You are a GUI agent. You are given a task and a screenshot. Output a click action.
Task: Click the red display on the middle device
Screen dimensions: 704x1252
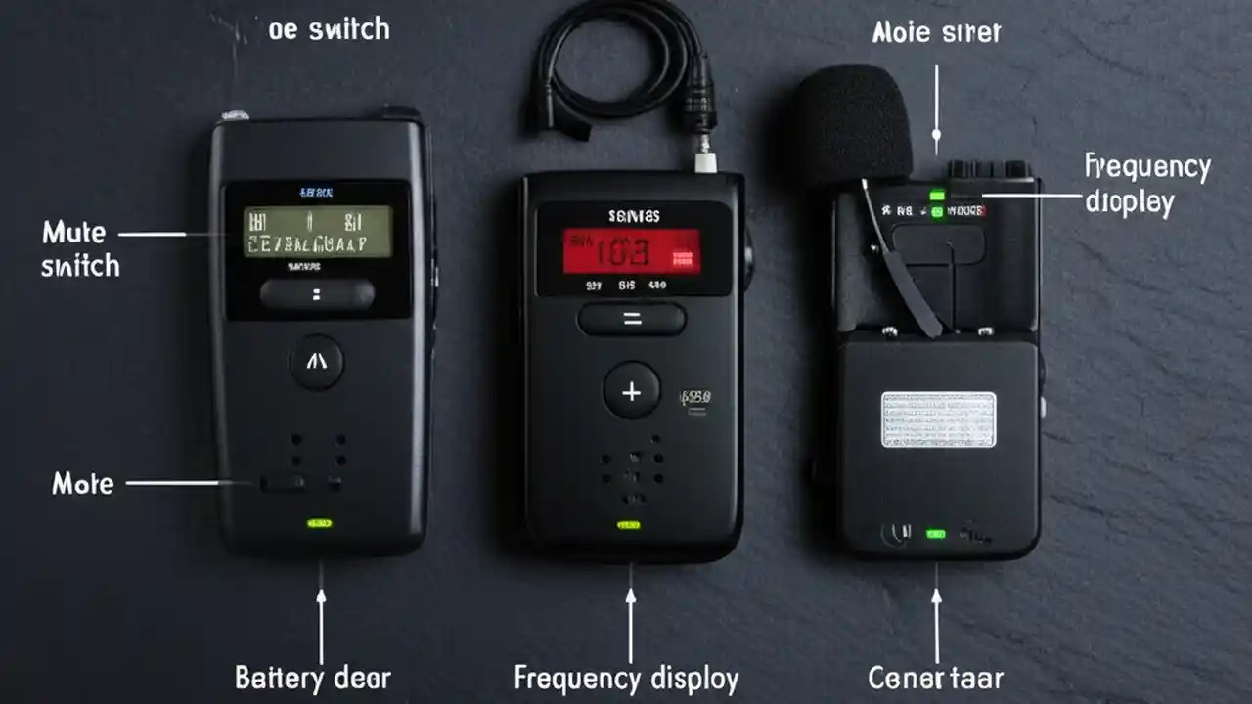(x=631, y=251)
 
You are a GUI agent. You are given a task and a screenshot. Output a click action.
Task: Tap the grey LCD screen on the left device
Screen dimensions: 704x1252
(x=317, y=232)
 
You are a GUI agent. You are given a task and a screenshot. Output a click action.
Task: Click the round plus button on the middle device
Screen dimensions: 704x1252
(x=632, y=391)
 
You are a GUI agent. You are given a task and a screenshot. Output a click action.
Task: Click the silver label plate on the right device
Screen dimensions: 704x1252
(x=938, y=419)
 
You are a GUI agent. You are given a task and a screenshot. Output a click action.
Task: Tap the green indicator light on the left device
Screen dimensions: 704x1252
(x=319, y=523)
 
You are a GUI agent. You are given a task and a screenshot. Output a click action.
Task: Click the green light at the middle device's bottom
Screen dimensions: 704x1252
(x=628, y=525)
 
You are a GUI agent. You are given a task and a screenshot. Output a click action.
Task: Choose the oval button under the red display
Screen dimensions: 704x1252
(x=632, y=319)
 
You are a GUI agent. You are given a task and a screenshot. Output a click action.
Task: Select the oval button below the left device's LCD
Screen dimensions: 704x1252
(x=317, y=294)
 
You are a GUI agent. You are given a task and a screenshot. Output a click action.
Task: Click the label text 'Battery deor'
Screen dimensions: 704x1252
(x=313, y=677)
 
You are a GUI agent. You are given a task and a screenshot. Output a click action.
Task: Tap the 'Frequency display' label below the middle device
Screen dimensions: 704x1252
(x=627, y=677)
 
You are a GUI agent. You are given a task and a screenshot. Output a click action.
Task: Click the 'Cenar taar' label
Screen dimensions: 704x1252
(x=935, y=677)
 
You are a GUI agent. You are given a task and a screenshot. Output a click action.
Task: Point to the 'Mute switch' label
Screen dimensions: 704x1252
(x=80, y=248)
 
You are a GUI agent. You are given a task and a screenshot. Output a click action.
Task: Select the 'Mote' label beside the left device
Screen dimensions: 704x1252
(x=82, y=483)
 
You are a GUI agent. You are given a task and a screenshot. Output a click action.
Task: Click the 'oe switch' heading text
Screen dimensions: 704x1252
(x=329, y=29)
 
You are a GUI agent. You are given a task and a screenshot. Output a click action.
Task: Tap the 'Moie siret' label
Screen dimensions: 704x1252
(x=936, y=32)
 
